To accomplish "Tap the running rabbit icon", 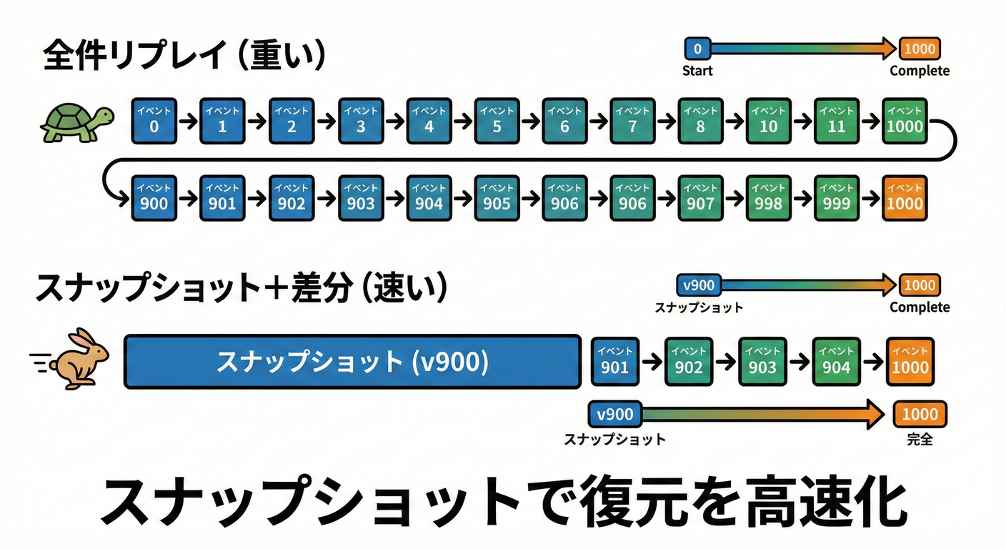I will tap(79, 358).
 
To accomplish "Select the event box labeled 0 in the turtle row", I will tap(154, 121).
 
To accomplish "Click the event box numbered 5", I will tap(497, 121).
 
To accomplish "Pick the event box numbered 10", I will tap(768, 121).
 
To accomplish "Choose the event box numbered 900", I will tap(154, 198).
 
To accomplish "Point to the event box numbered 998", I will tap(768, 198).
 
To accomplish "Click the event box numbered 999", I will tap(836, 198).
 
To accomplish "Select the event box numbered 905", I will tap(497, 198).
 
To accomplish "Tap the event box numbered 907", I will tap(700, 198).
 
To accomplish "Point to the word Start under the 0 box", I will tap(697, 71).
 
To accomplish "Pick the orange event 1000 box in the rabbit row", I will tap(910, 361).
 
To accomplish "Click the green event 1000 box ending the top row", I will tap(905, 121).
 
